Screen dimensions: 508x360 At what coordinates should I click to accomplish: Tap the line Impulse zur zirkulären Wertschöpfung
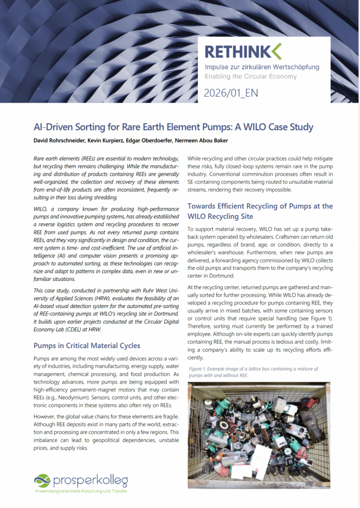tap(262, 67)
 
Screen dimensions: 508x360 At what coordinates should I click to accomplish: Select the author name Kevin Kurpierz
tap(111, 141)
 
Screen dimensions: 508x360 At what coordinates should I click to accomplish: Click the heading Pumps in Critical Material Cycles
tap(87, 345)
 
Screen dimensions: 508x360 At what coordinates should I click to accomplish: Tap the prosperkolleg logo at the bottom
tap(81, 481)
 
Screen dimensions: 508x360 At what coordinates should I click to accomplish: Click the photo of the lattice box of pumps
tap(259, 428)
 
